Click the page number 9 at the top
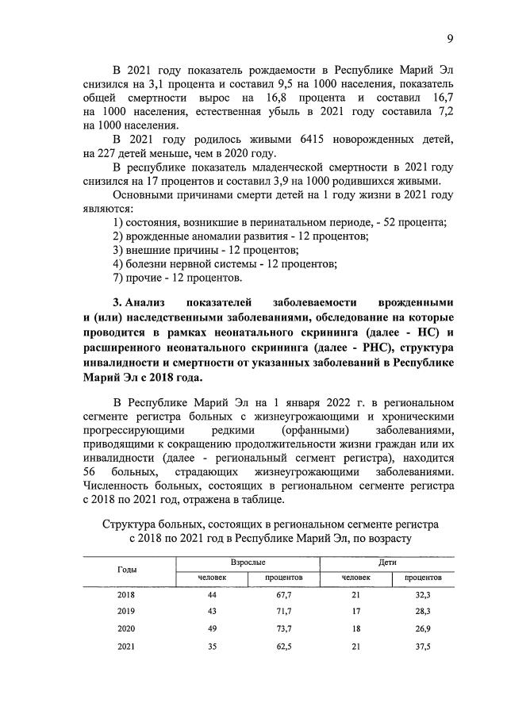click(x=449, y=39)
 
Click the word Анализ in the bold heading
click(x=152, y=302)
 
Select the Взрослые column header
click(x=247, y=562)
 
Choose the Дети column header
click(x=387, y=562)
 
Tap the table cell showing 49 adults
click(x=212, y=629)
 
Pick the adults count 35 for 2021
click(x=212, y=647)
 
